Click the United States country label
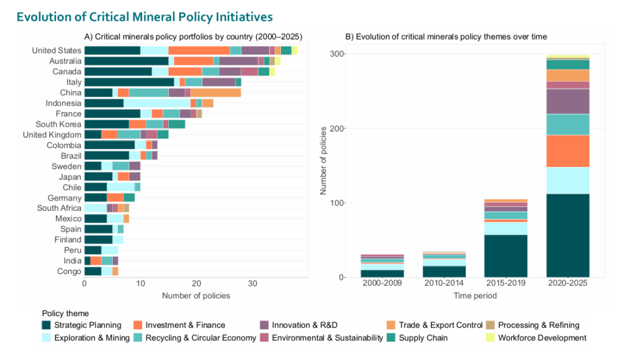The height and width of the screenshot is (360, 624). click(x=56, y=51)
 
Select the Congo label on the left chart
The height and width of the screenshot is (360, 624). click(x=69, y=271)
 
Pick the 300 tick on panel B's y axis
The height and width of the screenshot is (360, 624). click(x=336, y=54)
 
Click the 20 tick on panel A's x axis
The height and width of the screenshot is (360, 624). click(x=196, y=284)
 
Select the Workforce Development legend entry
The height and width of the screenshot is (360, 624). click(x=542, y=338)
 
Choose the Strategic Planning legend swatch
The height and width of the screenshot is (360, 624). click(x=46, y=325)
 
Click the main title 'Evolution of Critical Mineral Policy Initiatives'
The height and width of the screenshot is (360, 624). click(x=144, y=16)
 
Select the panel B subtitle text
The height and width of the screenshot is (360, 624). click(x=446, y=37)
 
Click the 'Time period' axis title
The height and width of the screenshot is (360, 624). click(x=474, y=296)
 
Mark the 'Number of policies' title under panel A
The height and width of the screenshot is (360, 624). click(x=196, y=296)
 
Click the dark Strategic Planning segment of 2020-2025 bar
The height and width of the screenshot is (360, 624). click(x=567, y=235)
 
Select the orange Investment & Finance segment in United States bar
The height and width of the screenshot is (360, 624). click(x=199, y=51)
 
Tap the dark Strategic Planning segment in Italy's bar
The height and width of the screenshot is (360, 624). click(x=129, y=82)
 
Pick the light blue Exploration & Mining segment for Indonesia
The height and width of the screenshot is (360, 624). click(x=157, y=104)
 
